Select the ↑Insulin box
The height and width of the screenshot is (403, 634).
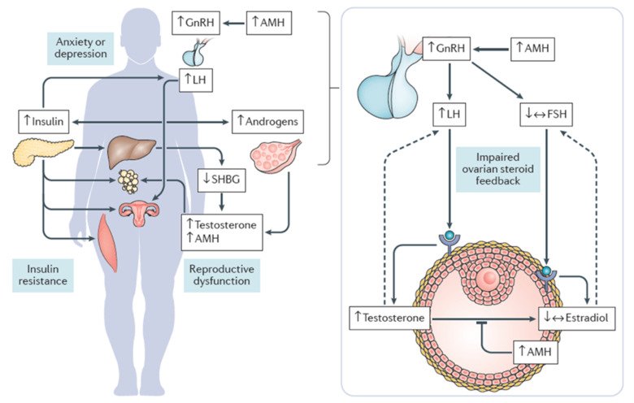click(x=41, y=123)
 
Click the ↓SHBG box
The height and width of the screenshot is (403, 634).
click(x=222, y=179)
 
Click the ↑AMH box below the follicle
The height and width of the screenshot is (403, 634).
click(x=537, y=352)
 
